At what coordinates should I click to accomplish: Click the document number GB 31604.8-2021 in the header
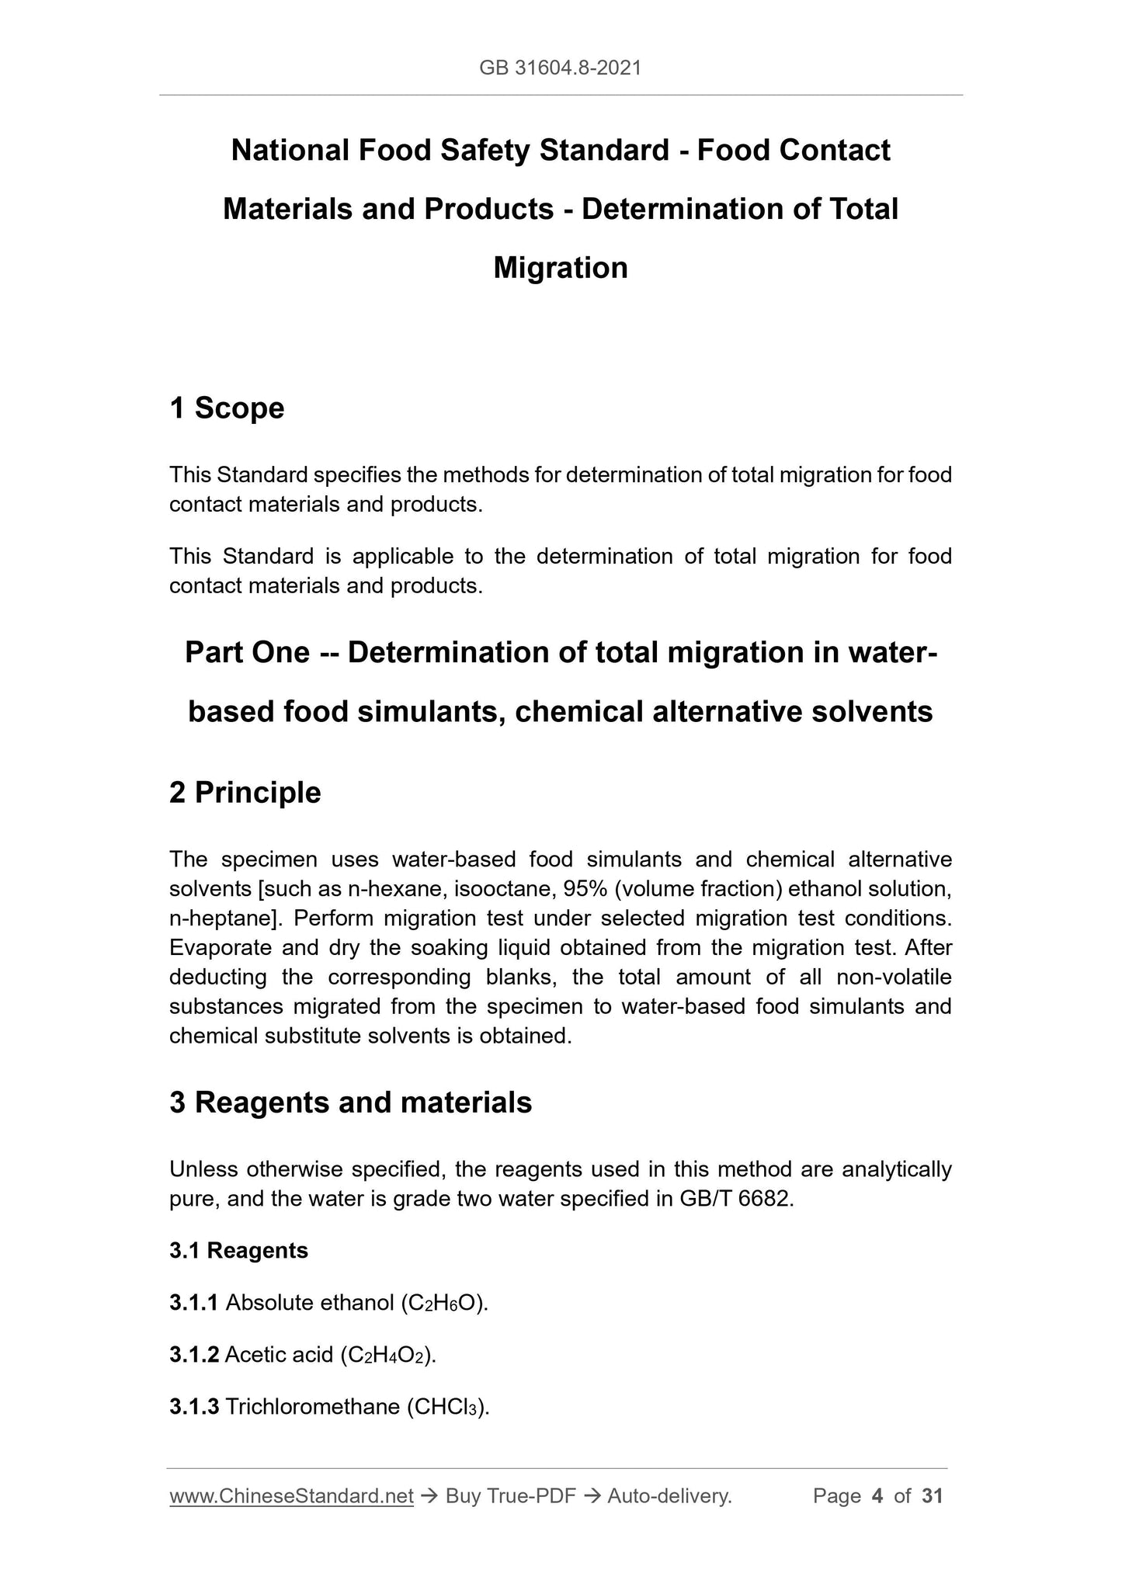click(560, 68)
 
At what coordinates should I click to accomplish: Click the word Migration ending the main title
click(560, 268)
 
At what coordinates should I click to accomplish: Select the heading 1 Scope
click(227, 408)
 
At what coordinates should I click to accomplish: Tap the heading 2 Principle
click(245, 793)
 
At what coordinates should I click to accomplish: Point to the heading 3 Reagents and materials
click(350, 1103)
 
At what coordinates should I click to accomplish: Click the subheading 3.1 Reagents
click(238, 1251)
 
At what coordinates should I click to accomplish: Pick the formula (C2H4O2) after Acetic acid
click(388, 1355)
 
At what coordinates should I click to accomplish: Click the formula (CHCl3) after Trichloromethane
click(448, 1407)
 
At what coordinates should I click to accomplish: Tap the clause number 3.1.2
click(194, 1355)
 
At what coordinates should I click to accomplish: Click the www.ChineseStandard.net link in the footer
click(291, 1496)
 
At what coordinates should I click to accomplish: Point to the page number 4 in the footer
click(877, 1496)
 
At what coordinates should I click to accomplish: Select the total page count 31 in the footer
click(932, 1496)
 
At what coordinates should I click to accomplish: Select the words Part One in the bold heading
click(247, 653)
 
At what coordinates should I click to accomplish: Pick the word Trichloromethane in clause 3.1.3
click(312, 1407)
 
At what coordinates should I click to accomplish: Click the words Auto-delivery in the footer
click(669, 1496)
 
